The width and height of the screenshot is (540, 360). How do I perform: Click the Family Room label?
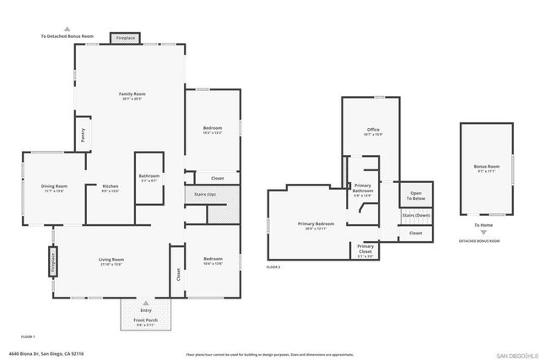pos(132,94)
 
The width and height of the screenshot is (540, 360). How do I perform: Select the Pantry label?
pos(83,133)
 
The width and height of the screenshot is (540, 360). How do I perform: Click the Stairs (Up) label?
pos(205,194)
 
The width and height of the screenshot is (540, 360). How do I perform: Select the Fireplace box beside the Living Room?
pos(51,260)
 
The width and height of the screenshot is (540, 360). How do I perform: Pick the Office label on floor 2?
pos(373,130)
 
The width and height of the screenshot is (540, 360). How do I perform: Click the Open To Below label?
pos(416,195)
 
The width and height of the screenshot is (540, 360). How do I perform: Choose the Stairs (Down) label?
pos(416,215)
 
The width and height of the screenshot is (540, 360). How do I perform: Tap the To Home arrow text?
pos(484,225)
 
